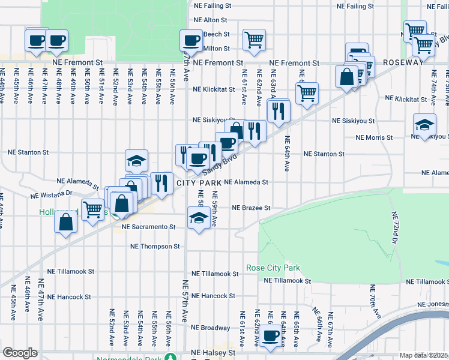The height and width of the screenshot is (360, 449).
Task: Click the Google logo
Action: coord(20,353)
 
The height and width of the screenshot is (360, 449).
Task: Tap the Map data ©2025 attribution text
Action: coord(424,355)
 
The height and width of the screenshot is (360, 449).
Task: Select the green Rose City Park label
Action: coord(273,268)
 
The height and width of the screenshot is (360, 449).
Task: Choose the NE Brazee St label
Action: coord(252,208)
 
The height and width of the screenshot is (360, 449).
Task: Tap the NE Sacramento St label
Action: coord(148,227)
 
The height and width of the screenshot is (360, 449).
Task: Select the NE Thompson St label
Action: coord(155,246)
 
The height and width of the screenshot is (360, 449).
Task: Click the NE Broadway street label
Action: coord(211,328)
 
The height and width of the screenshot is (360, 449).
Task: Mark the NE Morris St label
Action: coord(374,137)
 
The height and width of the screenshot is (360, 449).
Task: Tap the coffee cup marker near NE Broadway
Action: coord(271,335)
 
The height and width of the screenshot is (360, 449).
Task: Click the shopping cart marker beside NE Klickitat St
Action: coord(307,93)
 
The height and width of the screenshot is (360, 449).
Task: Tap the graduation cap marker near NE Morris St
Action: coord(424,124)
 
